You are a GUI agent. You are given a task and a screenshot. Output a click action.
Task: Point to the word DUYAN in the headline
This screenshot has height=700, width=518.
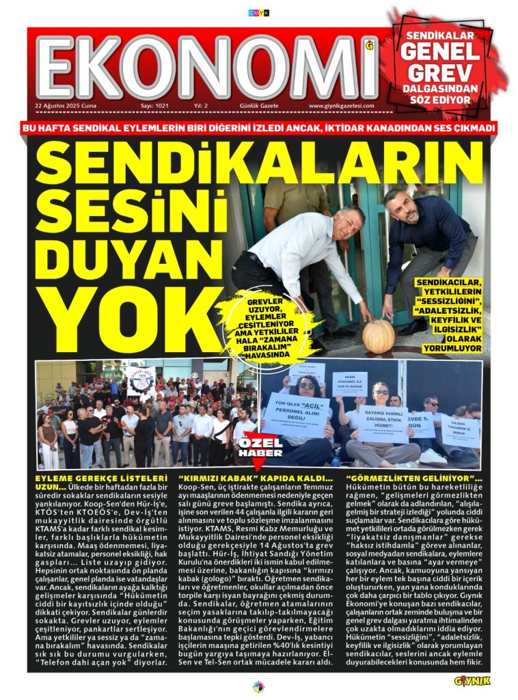point(109,256)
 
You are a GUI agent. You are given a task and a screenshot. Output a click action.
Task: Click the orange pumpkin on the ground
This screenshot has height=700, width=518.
point(378,336)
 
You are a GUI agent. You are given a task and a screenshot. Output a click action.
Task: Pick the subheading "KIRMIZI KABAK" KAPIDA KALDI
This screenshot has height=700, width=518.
point(254,477)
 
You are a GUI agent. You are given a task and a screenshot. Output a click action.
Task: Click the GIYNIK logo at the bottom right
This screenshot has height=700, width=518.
point(472,680)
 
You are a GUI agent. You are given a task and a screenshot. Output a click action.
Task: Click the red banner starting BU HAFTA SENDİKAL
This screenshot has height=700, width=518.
point(259,128)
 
